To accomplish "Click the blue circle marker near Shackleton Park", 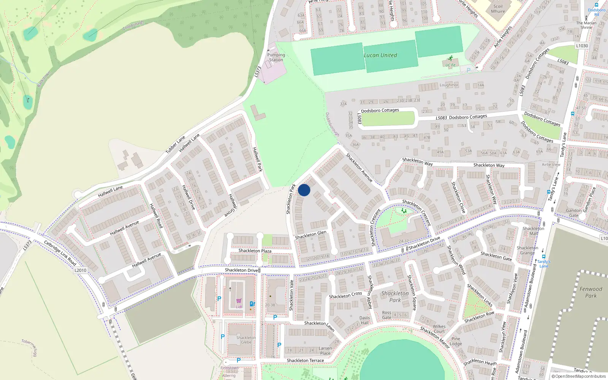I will pos(304,190).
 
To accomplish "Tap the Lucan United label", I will pos(380,55).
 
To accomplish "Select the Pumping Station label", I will pos(276,57).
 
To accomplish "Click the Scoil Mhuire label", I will pos(498,9).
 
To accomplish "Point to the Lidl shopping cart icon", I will pos(239,301).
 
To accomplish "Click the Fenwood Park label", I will pos(591,292).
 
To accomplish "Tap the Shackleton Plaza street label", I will pos(255,251).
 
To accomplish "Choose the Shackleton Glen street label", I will pos(310,235).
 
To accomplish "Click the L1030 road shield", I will pos(582,46).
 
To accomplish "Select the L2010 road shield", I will pos(80,270).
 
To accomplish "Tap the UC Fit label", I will pos(450,65).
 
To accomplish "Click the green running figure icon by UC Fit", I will pos(451,59).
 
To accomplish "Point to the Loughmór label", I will pos(449,85).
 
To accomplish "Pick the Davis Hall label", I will pos(364,320).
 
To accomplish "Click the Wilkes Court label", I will pos(439,329).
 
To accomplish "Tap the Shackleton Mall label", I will pos(533,231).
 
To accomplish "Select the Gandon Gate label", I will pos(574,213).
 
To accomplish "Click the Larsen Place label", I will pos(325,350).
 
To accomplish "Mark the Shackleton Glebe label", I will pos(246,340).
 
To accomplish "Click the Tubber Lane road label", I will pos(175,144).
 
